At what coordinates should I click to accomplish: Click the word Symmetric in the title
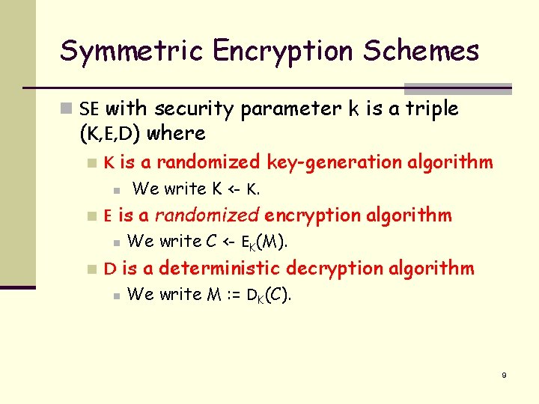point(132,52)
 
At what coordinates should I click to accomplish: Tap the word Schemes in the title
point(421,52)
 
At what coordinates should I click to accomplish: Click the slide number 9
point(504,375)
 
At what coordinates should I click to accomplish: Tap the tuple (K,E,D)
point(110,135)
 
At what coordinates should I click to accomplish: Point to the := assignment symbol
point(234,295)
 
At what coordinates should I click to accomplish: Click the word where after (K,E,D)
point(177,135)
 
